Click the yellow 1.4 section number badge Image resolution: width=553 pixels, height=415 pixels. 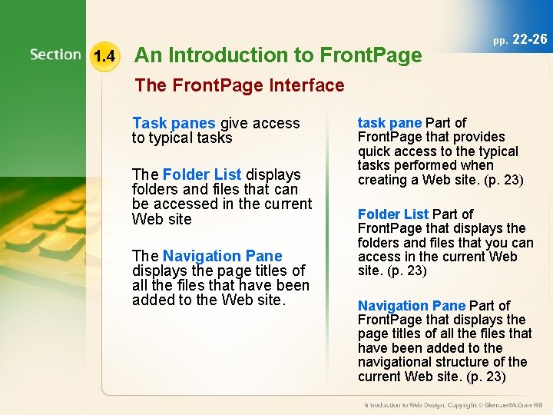[x=104, y=55]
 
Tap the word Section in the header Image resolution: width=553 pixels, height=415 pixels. [x=55, y=55]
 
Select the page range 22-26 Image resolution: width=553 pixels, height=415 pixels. [x=529, y=38]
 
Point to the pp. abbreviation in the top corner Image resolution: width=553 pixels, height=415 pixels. [x=500, y=40]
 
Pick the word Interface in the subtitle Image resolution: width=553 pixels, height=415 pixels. [x=304, y=85]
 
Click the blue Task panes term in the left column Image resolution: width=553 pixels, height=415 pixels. [x=174, y=123]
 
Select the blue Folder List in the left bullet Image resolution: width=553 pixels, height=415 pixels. [x=202, y=174]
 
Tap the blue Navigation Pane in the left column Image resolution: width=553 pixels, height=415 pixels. [x=222, y=256]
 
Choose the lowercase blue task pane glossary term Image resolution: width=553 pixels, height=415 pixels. [x=389, y=123]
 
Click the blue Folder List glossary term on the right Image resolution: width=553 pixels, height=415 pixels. [x=393, y=214]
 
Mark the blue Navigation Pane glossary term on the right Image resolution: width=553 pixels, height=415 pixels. [x=412, y=306]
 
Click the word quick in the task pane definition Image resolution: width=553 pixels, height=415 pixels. [x=375, y=151]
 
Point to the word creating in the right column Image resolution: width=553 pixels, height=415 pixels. [x=382, y=180]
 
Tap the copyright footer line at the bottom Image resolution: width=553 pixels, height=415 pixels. [x=453, y=405]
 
